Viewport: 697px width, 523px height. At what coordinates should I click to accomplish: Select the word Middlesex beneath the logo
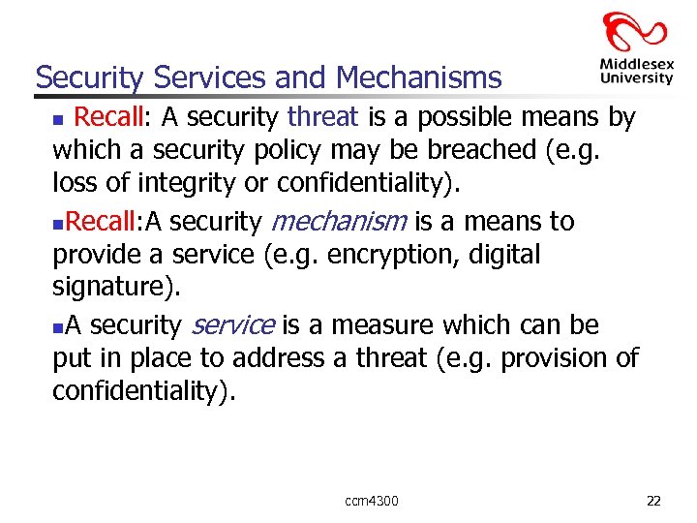[635, 65]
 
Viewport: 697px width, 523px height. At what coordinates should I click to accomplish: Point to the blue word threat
[323, 118]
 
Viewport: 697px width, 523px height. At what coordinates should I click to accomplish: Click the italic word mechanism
[340, 222]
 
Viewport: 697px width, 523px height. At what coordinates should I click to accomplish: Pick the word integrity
[151, 182]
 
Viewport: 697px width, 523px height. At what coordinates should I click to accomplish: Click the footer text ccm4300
[371, 500]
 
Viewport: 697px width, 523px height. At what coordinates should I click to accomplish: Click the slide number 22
[653, 500]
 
